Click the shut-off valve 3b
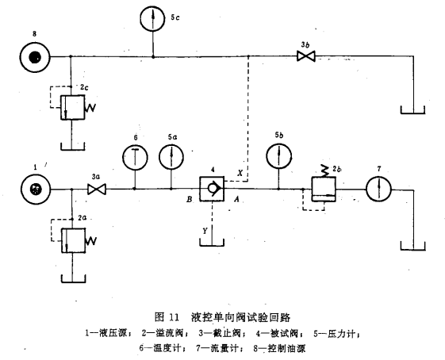coord(306,56)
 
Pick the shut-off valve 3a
coord(97,189)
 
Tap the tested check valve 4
coord(212,189)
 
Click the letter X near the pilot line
coord(240,173)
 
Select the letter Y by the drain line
coord(205,231)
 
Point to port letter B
coord(190,200)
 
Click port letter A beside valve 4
coord(236,200)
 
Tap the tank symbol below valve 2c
coord(73,147)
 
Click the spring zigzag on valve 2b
coord(324,170)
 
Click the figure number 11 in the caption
coord(174,317)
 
